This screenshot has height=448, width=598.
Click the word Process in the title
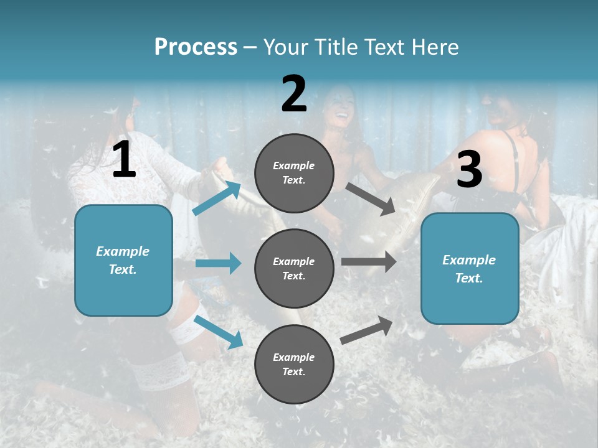[196, 47]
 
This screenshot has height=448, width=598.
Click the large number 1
[124, 160]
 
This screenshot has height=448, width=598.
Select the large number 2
[294, 94]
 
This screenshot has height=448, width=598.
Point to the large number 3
[469, 169]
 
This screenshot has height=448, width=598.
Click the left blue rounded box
[123, 260]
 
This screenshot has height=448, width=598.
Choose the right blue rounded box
[470, 269]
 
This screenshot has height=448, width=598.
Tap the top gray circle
[294, 173]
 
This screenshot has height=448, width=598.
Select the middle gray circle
[294, 268]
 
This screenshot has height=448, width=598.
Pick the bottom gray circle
[294, 364]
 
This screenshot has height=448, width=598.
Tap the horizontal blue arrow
[218, 263]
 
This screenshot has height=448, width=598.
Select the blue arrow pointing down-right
[218, 332]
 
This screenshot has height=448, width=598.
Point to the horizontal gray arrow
[369, 262]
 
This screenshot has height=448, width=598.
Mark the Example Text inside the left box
[123, 260]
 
